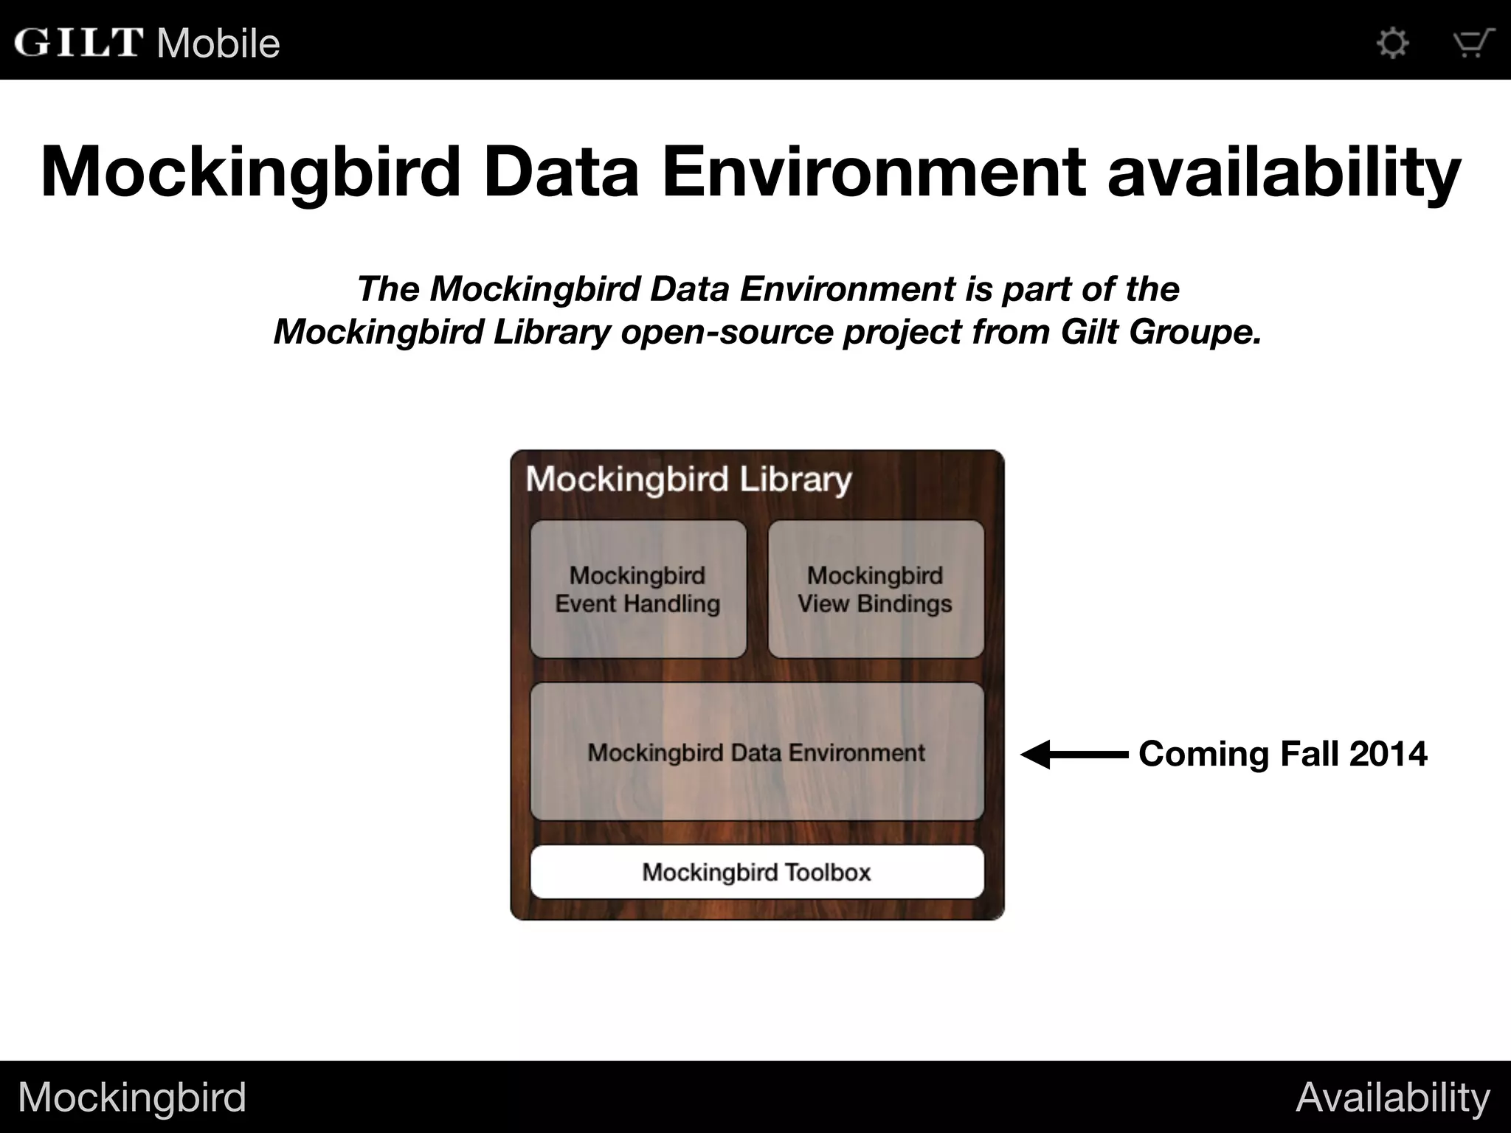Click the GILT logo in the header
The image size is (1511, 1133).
pyautogui.click(x=77, y=42)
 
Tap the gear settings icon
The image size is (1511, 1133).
pyautogui.click(x=1392, y=43)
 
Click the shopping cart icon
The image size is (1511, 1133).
pyautogui.click(x=1473, y=43)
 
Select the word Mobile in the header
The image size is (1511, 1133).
pyautogui.click(x=218, y=43)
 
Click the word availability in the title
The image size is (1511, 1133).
pyautogui.click(x=1284, y=173)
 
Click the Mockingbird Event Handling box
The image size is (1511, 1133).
pyautogui.click(x=638, y=589)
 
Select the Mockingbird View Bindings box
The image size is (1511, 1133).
pyautogui.click(x=876, y=589)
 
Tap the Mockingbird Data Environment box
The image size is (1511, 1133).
pyautogui.click(x=757, y=752)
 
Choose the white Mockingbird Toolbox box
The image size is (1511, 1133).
pyautogui.click(x=757, y=872)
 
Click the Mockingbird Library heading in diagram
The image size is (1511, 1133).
pyautogui.click(x=688, y=479)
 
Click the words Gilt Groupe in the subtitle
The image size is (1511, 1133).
pyautogui.click(x=1161, y=332)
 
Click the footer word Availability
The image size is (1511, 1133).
pyautogui.click(x=1392, y=1097)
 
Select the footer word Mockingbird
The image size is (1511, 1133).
pyautogui.click(x=131, y=1097)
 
